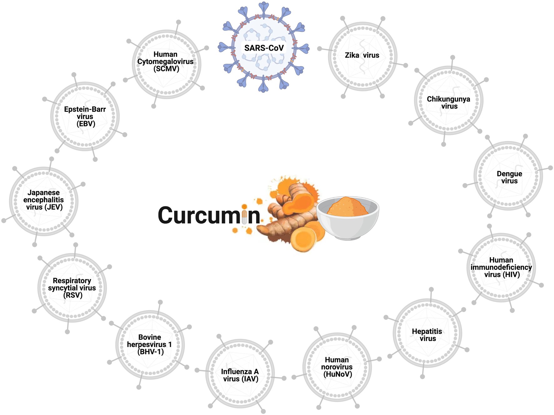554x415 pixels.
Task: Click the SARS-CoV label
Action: [264, 48]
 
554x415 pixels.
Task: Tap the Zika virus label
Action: [362, 55]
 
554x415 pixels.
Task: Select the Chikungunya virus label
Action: [449, 103]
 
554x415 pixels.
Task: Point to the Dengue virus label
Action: [509, 177]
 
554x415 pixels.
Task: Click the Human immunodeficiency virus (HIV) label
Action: [501, 267]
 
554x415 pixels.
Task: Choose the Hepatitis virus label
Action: [427, 335]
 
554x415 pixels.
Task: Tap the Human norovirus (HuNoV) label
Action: [337, 367]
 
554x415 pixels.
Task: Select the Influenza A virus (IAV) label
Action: [240, 375]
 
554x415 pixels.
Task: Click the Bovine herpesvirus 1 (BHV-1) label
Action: [150, 345]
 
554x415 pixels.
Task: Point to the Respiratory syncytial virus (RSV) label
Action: [72, 288]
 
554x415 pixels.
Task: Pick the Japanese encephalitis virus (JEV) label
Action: [43, 200]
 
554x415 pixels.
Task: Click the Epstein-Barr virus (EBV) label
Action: [85, 117]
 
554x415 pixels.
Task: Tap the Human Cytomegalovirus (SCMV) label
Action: [165, 62]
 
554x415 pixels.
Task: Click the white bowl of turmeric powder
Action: [348, 225]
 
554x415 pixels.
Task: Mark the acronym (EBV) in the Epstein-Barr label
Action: [86, 124]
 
